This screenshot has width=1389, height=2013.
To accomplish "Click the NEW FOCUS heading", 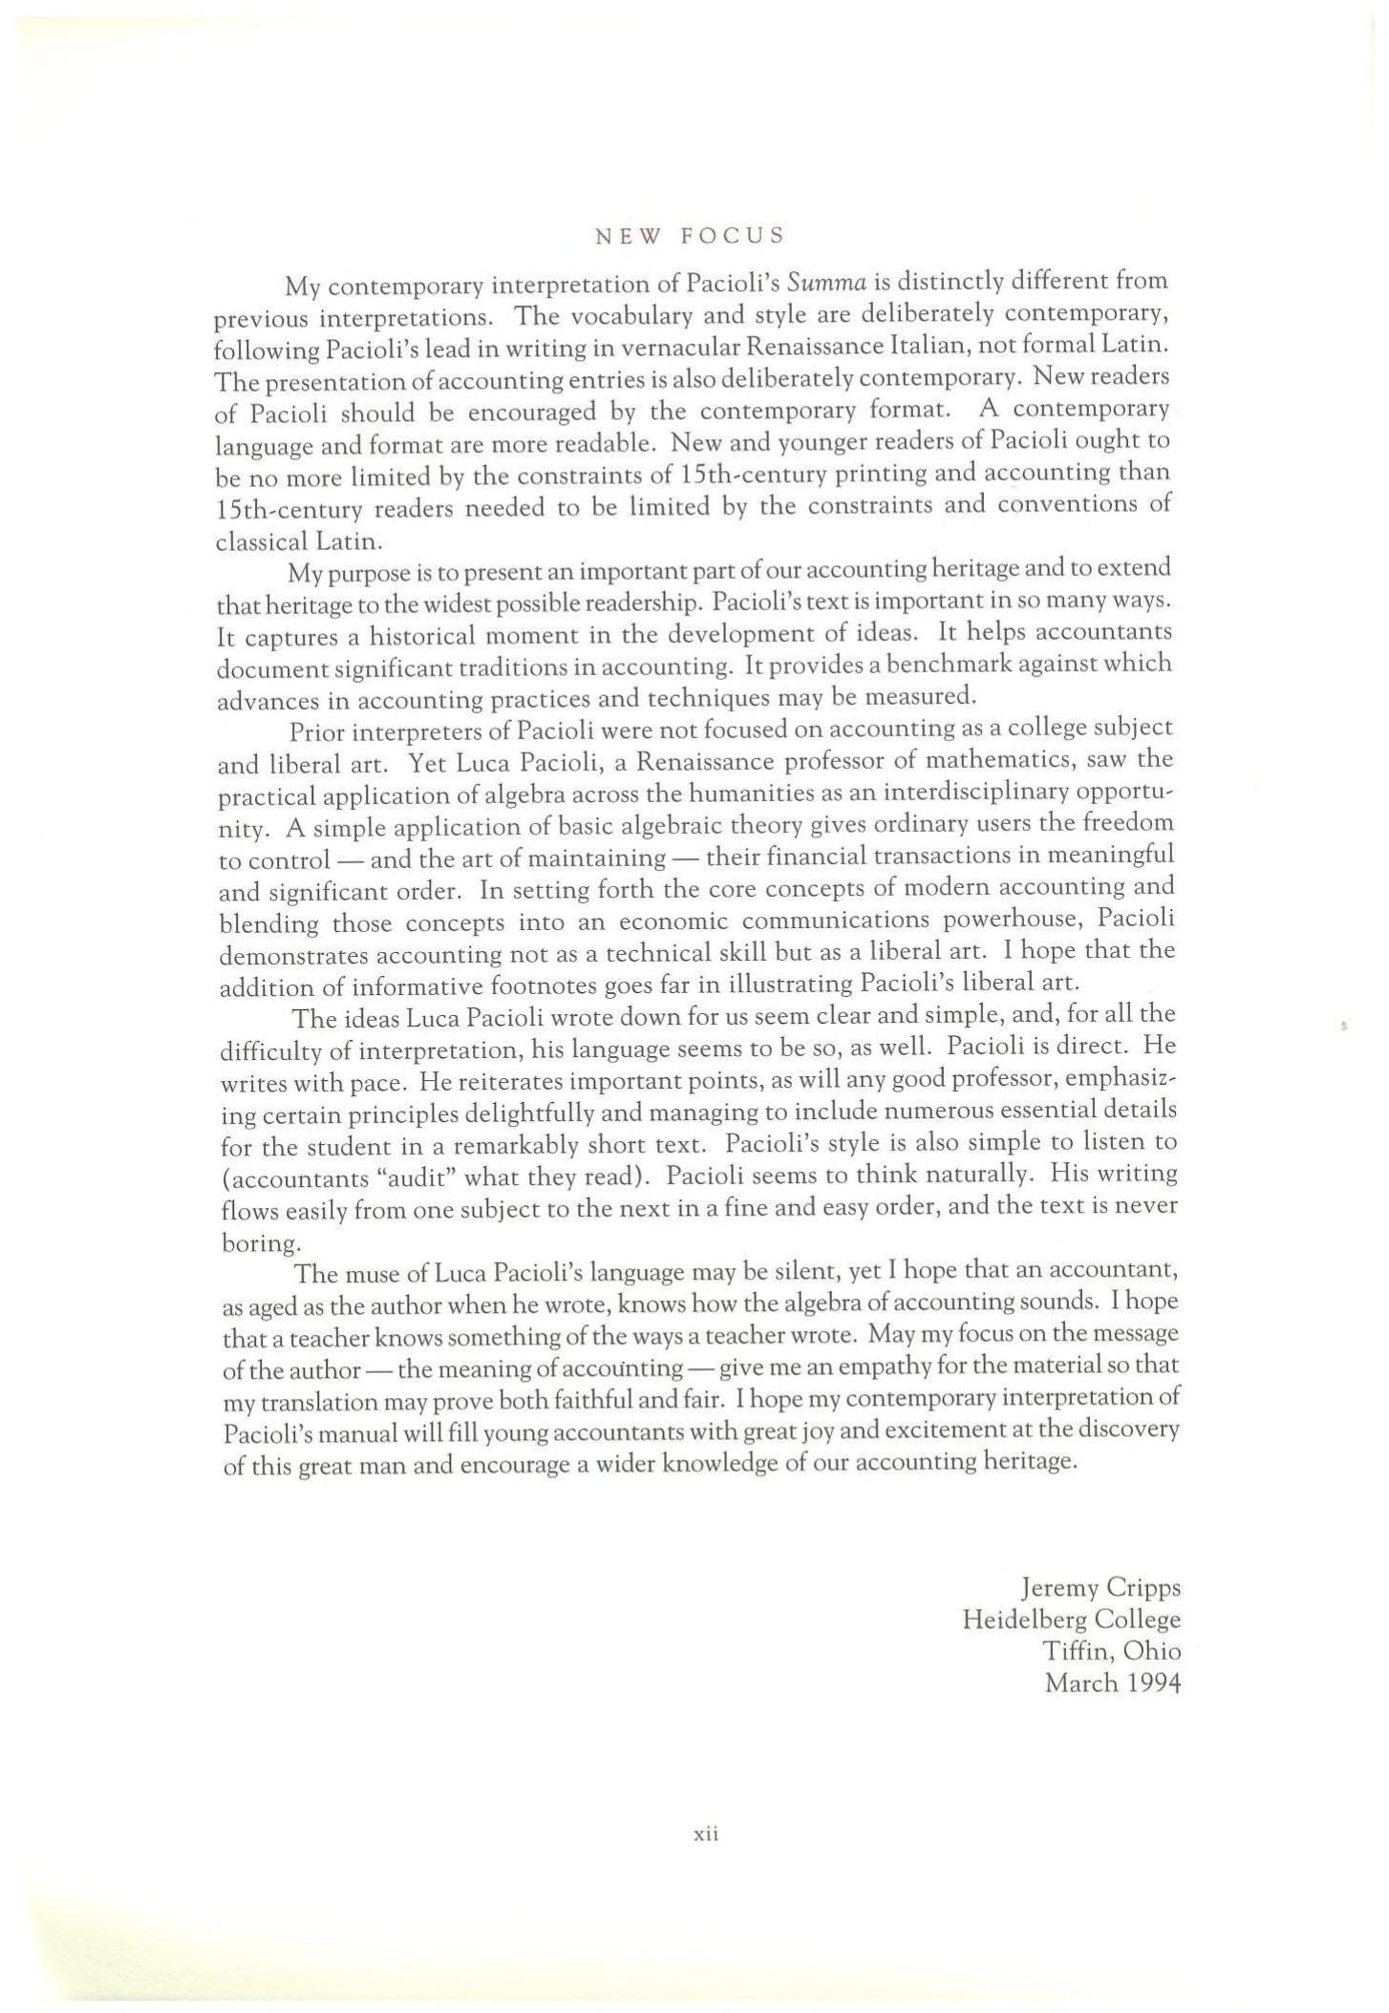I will point(689,236).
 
